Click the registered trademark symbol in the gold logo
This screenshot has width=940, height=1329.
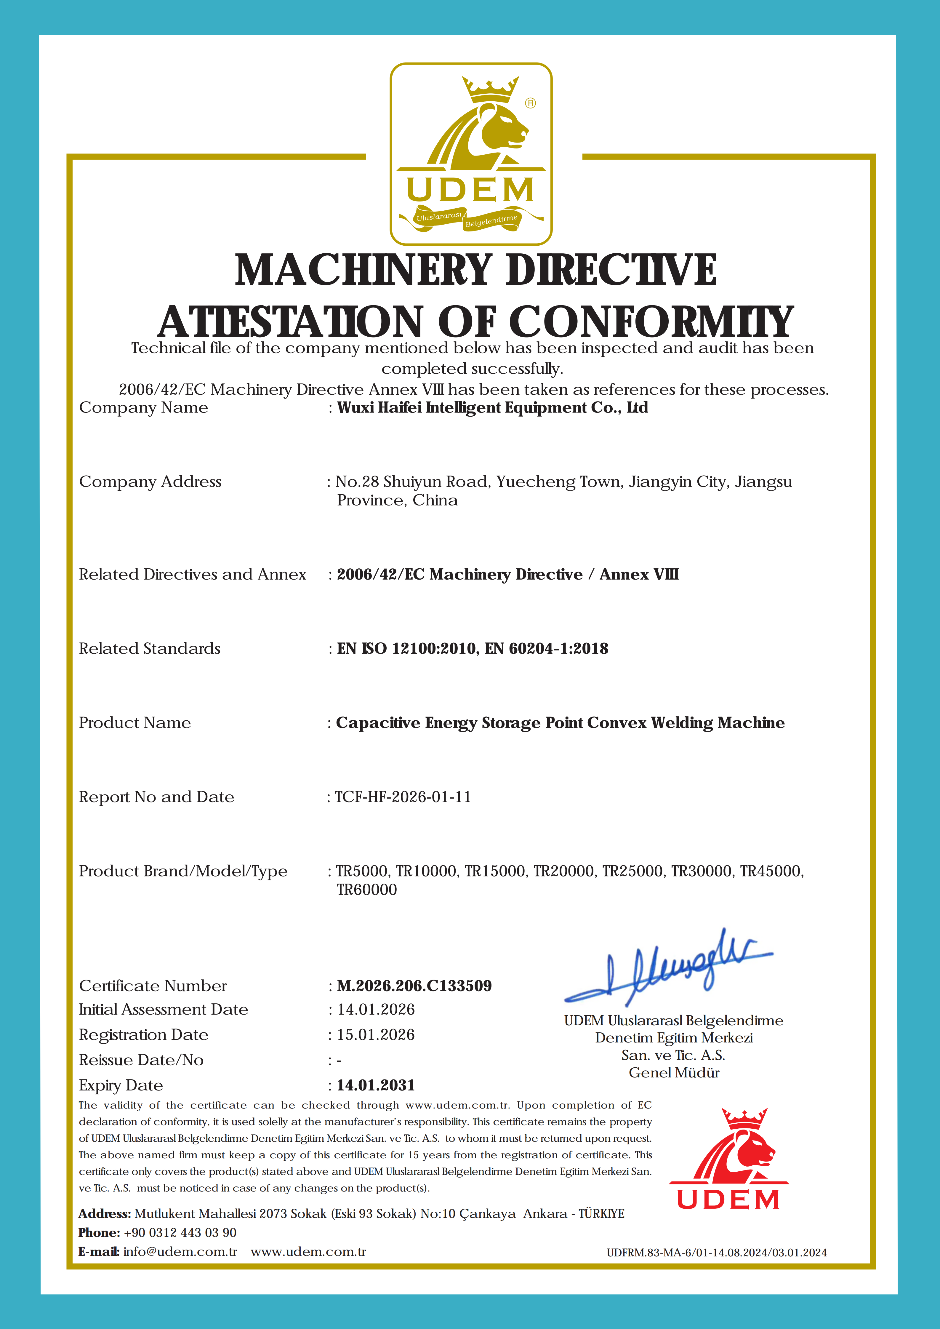530,103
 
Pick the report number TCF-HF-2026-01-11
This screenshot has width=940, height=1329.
403,797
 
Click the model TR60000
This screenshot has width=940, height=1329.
367,890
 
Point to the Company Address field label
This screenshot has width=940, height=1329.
150,482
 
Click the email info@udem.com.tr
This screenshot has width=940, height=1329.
180,1251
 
